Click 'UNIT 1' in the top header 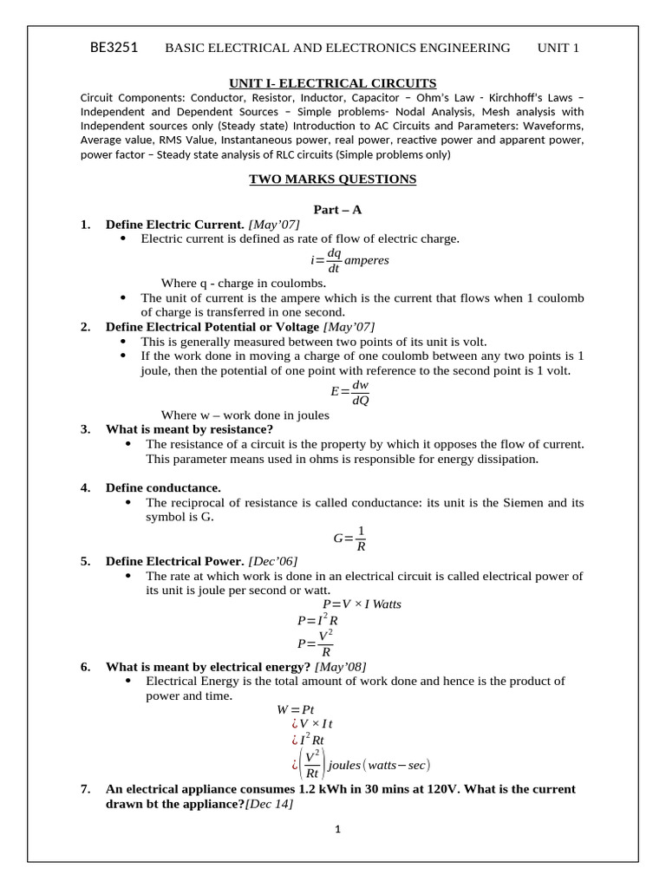pyautogui.click(x=558, y=48)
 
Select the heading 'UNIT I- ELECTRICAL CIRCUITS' pyautogui.click(x=332, y=83)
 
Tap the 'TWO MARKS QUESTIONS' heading pyautogui.click(x=332, y=180)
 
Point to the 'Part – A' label pyautogui.click(x=333, y=210)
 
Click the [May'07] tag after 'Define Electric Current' pyautogui.click(x=274, y=225)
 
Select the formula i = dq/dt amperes pyautogui.click(x=349, y=260)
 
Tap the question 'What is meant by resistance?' pyautogui.click(x=189, y=429)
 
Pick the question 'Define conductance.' pyautogui.click(x=163, y=487)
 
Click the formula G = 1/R pyautogui.click(x=350, y=538)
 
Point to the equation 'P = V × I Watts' pyautogui.click(x=362, y=604)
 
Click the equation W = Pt pyautogui.click(x=295, y=708)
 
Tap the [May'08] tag pyautogui.click(x=340, y=666)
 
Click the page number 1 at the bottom pyautogui.click(x=338, y=830)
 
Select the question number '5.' pyautogui.click(x=86, y=561)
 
